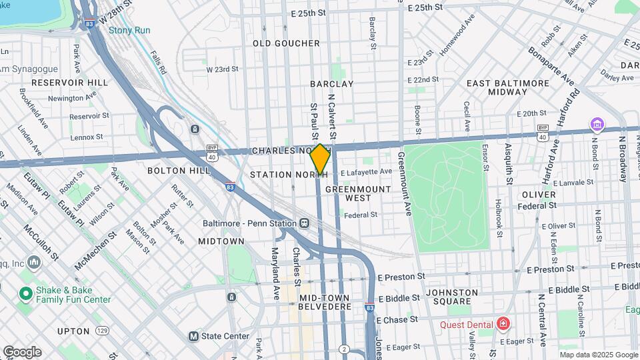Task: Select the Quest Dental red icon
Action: coord(502,325)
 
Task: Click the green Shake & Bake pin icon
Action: coord(26,293)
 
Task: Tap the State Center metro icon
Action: coord(194,336)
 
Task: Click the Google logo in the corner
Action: coord(22,351)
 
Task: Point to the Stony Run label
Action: coord(129,31)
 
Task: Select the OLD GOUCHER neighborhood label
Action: coord(286,43)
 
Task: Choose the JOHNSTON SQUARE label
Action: coord(452,297)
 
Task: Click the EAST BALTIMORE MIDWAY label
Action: coord(508,87)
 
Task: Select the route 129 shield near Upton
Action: coord(102,331)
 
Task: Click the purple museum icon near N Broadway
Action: coord(595,125)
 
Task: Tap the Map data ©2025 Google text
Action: coord(589,354)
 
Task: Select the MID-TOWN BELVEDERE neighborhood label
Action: coord(324,301)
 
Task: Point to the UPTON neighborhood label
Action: coord(73,331)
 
